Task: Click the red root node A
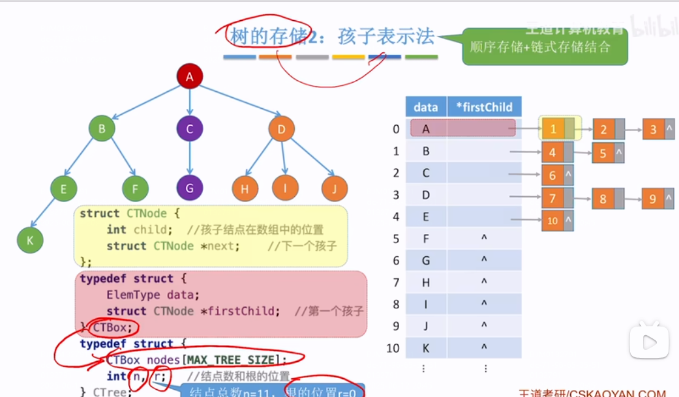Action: [190, 78]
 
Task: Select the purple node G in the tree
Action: [190, 188]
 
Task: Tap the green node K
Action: [30, 241]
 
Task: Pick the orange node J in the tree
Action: [335, 189]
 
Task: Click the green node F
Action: [136, 189]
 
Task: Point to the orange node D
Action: [282, 129]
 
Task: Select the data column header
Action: [426, 107]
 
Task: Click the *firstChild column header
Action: [484, 107]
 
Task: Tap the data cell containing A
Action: [426, 129]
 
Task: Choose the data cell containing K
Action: [426, 348]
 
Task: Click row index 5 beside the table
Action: [396, 239]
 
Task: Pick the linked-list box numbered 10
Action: [552, 221]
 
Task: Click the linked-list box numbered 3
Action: [654, 130]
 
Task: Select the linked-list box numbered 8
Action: [603, 199]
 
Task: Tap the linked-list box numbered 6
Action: [552, 176]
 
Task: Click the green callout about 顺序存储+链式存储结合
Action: [545, 46]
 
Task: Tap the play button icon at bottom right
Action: [649, 342]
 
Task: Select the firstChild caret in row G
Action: [484, 261]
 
